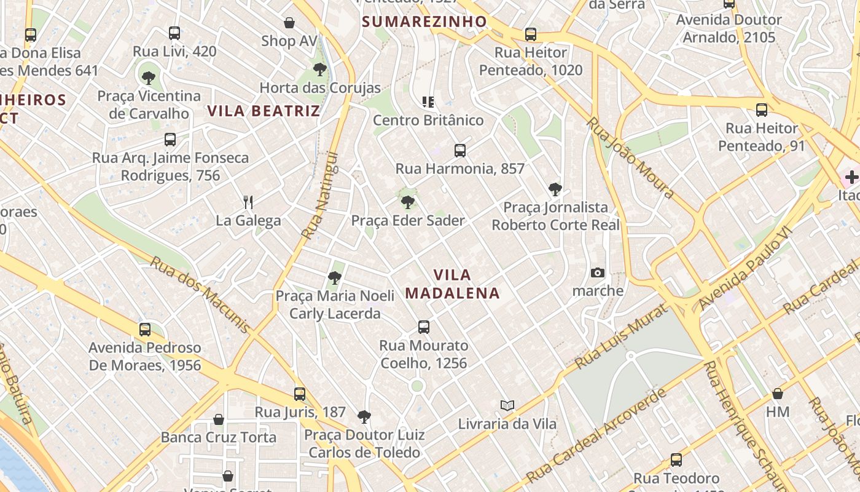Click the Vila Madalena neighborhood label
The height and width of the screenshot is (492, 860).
tap(453, 284)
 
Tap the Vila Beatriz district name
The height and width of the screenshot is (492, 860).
tap(264, 111)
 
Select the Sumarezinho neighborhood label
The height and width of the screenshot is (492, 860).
tap(424, 22)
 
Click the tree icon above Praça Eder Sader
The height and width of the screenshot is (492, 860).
tap(407, 202)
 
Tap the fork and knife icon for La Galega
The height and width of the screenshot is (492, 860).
tap(248, 202)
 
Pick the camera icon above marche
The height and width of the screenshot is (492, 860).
tap(597, 272)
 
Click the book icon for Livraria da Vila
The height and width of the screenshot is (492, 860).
tap(507, 405)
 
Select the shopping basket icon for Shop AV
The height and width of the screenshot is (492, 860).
tap(289, 23)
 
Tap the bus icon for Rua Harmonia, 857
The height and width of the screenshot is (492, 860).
tap(459, 150)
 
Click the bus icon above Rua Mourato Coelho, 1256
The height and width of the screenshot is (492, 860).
tap(423, 327)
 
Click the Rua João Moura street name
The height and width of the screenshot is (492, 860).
tap(630, 157)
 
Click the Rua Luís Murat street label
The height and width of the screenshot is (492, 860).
tap(621, 338)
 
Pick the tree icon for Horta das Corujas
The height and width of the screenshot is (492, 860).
tap(319, 69)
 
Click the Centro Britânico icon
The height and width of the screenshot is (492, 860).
tap(428, 101)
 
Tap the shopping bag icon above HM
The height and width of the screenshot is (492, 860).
tap(778, 393)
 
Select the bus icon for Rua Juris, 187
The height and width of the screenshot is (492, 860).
tap(300, 394)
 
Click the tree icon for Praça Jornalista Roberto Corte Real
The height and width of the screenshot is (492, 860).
tap(555, 189)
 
